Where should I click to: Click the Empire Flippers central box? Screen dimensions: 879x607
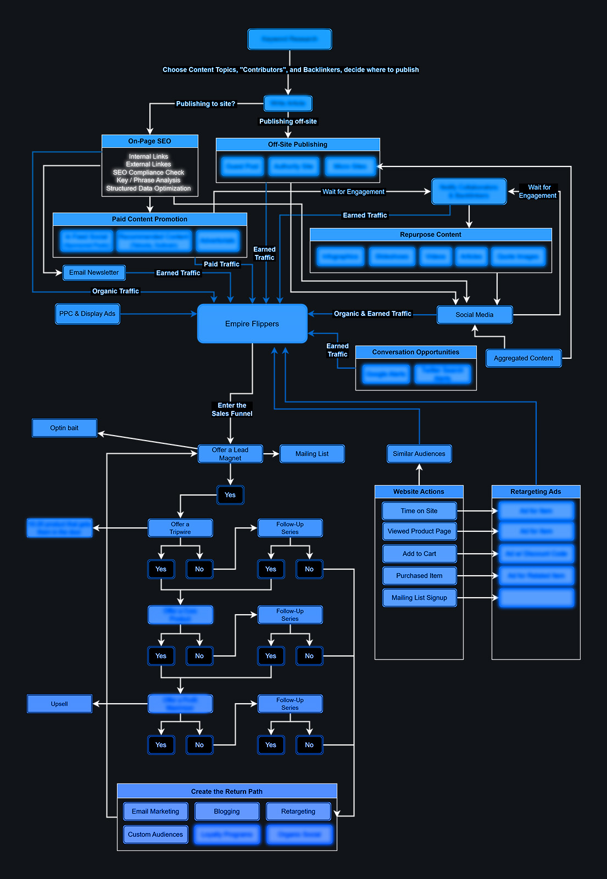click(x=252, y=324)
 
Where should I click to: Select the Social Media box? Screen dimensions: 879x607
click(x=475, y=315)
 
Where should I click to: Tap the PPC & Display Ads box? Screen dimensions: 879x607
click(x=87, y=314)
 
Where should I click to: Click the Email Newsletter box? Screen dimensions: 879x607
click(x=94, y=272)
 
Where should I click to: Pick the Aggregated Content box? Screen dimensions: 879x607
click(x=523, y=358)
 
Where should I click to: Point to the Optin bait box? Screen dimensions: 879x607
click(x=64, y=428)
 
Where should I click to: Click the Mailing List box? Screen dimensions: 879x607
click(x=312, y=454)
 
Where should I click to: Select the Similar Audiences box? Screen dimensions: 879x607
click(x=419, y=454)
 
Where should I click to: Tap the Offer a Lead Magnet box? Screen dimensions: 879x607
click(x=230, y=454)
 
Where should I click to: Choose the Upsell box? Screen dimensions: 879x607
click(x=59, y=704)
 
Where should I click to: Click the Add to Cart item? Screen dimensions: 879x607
click(x=419, y=554)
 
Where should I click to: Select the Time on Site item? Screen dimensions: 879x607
click(x=419, y=511)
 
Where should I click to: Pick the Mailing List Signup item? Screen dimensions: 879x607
click(x=419, y=598)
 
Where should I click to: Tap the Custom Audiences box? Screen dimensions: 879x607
click(x=155, y=835)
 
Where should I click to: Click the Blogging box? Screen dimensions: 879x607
click(x=227, y=811)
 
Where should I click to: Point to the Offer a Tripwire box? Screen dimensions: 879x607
click(x=180, y=528)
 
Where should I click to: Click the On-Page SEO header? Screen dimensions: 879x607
click(x=149, y=141)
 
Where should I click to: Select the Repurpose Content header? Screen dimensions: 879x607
click(x=431, y=235)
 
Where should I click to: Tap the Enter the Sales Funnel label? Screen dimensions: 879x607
click(x=232, y=409)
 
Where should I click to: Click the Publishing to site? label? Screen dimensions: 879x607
click(x=205, y=104)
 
